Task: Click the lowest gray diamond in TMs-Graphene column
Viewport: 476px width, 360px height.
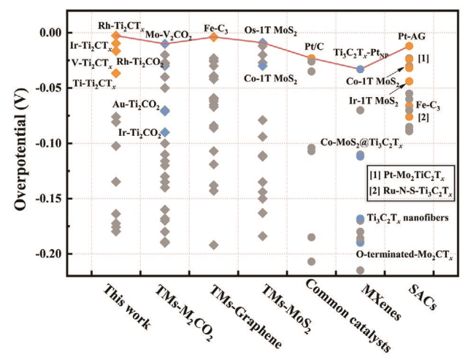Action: [213, 245]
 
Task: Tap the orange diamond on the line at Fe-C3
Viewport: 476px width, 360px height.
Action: [213, 37]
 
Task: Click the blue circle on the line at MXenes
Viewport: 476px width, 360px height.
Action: [360, 69]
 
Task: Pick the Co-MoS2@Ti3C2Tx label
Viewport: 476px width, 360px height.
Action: [361, 146]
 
